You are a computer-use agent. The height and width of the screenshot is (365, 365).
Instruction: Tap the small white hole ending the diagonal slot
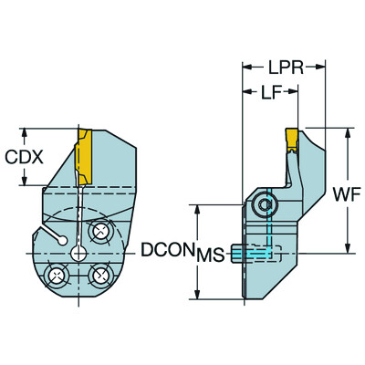point(61,239)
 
